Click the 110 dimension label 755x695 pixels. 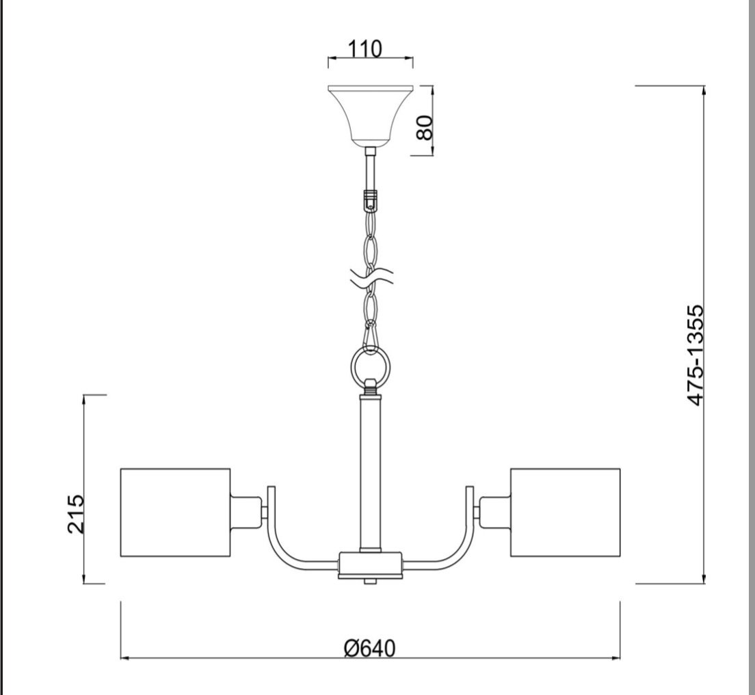pyautogui.click(x=365, y=49)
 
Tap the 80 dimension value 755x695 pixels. pyautogui.click(x=424, y=128)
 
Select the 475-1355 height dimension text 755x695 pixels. pyautogui.click(x=696, y=355)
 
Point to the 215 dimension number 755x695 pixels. pyautogui.click(x=76, y=513)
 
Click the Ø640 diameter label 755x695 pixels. pyautogui.click(x=370, y=649)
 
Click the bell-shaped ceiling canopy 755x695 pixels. pyautogui.click(x=370, y=115)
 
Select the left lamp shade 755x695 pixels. pyautogui.click(x=175, y=512)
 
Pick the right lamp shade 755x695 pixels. pyautogui.click(x=566, y=512)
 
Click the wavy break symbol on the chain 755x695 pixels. pyautogui.click(x=371, y=278)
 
